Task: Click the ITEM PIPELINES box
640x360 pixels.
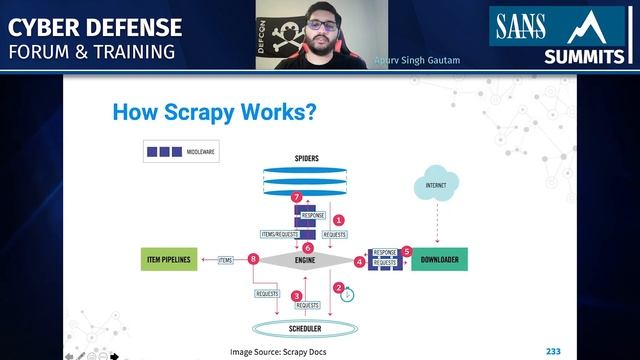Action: tap(170, 261)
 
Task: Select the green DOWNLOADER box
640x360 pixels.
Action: tap(439, 261)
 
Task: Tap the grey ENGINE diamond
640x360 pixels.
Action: tap(305, 261)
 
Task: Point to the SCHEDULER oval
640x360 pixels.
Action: tap(304, 327)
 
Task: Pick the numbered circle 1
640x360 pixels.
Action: tap(338, 218)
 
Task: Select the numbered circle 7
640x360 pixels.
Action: tap(295, 198)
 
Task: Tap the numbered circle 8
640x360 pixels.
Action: tap(254, 260)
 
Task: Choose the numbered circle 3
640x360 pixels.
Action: tap(296, 296)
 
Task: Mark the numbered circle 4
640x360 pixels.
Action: tap(359, 262)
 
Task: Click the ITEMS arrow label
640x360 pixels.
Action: tap(225, 260)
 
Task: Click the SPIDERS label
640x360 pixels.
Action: tap(306, 158)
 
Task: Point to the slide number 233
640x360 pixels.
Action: tap(553, 351)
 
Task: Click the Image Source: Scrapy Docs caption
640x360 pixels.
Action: tap(278, 351)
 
